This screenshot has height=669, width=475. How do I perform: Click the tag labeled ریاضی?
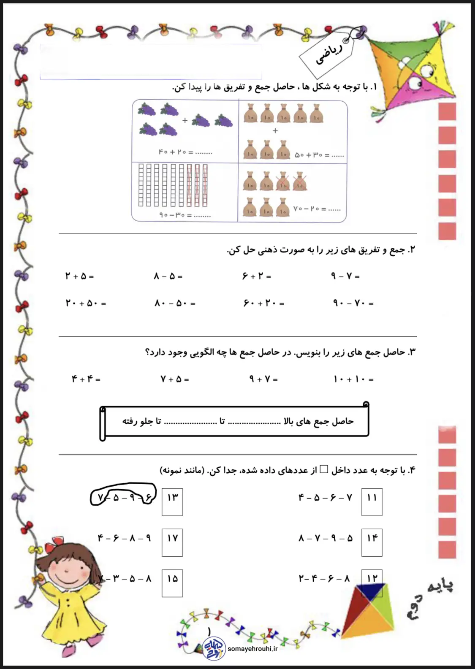328,53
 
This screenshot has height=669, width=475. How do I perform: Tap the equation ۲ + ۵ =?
79,276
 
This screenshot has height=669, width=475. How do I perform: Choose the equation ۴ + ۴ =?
86,379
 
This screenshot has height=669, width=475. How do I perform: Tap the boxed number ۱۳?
172,501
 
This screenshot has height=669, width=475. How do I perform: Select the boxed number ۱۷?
172,542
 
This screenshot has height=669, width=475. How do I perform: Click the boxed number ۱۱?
372,501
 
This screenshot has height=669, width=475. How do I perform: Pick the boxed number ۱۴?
372,542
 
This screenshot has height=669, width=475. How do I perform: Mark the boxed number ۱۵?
172,582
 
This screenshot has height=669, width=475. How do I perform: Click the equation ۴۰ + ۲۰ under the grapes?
185,152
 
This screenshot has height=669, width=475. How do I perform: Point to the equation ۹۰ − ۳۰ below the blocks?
185,215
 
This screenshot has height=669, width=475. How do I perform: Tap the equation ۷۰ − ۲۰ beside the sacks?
317,209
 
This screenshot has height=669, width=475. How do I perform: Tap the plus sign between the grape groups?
185,120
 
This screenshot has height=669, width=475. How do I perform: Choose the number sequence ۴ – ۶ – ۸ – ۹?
124,538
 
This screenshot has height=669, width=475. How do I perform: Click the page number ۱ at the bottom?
209,631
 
